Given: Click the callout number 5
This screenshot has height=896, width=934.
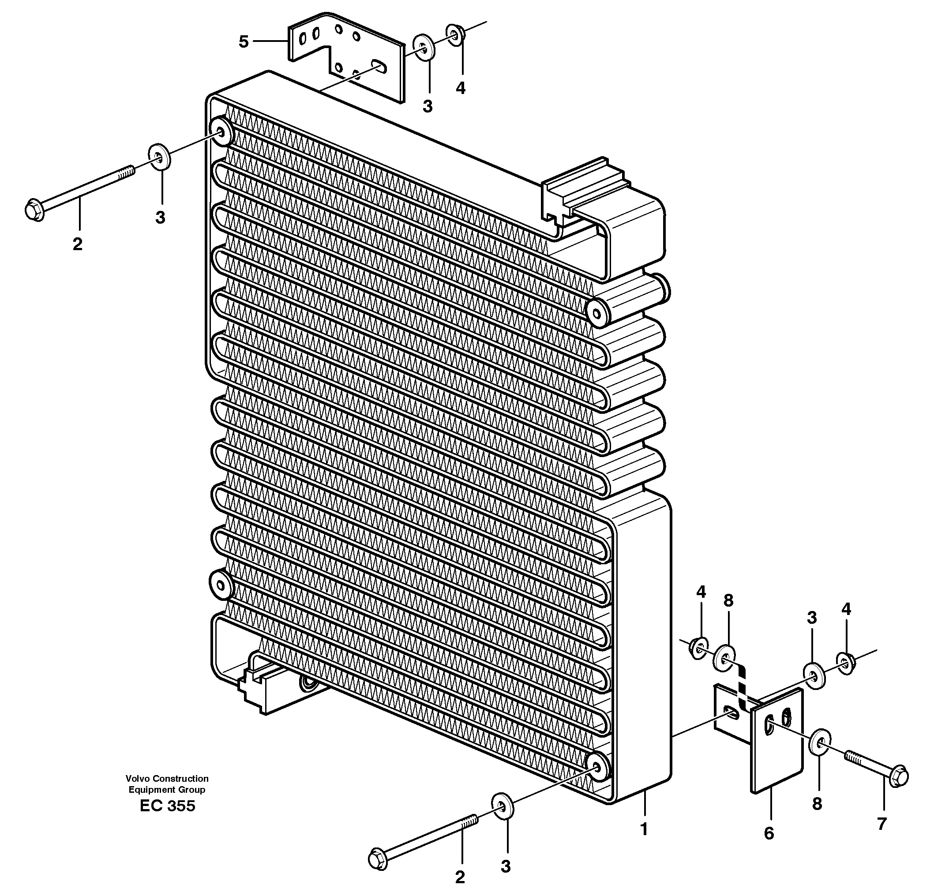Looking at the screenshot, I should pyautogui.click(x=244, y=42).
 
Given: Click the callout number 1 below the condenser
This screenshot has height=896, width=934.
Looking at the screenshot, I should pyautogui.click(x=644, y=829).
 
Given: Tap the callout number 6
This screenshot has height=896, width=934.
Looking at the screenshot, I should pyautogui.click(x=769, y=833).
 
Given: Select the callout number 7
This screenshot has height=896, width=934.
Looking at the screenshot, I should pyautogui.click(x=881, y=824).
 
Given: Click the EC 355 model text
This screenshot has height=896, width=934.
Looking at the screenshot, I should pyautogui.click(x=167, y=806).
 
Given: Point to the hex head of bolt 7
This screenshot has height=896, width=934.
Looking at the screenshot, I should pyautogui.click(x=898, y=777).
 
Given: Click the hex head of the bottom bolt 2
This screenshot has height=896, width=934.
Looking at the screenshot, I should pyautogui.click(x=379, y=860).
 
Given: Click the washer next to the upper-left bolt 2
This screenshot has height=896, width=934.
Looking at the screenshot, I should pyautogui.click(x=159, y=156).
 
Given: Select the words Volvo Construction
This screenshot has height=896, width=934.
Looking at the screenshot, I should pyautogui.click(x=167, y=778).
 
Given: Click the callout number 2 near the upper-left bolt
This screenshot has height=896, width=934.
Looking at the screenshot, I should pyautogui.click(x=77, y=244).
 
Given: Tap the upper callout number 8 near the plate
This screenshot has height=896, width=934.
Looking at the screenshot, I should pyautogui.click(x=728, y=601).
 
